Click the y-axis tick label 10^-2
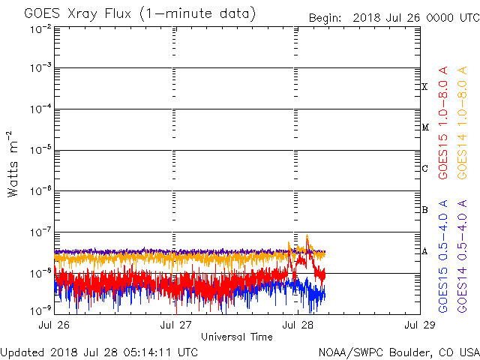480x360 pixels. pos(40,28)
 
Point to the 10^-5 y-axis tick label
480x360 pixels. pos(40,151)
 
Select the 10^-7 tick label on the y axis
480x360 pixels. pos(40,232)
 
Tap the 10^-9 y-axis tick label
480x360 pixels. pos(40,309)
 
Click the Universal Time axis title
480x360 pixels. pos(237,337)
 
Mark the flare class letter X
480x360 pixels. pos(424,87)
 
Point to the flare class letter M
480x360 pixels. pos(424,127)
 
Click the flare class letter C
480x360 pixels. pos(424,169)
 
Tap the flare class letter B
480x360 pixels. pos(424,210)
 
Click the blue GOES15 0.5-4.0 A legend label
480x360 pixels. pos(444,256)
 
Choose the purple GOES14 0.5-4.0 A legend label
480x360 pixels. pos(463,256)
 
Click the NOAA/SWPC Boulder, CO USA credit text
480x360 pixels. pos(398,352)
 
